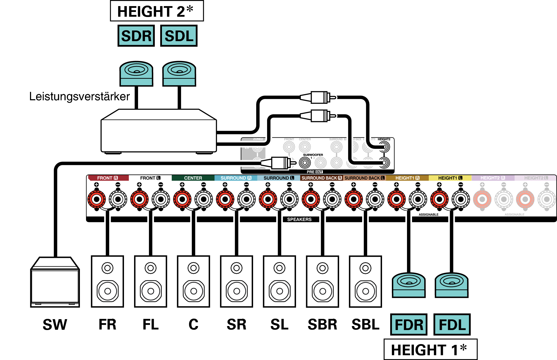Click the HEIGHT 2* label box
click(157, 11)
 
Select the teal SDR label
click(136, 36)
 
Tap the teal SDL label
click(179, 36)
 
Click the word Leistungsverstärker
click(79, 96)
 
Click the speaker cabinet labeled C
click(194, 281)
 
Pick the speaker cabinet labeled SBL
click(365, 281)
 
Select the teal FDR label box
click(409, 324)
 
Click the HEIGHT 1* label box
click(430, 349)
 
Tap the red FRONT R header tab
click(108, 178)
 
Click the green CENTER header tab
click(193, 178)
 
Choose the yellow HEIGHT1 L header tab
click(450, 178)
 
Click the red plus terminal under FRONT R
click(97, 199)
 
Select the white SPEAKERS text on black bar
click(299, 219)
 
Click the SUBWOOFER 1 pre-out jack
click(305, 163)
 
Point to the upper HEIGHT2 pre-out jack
click(384, 147)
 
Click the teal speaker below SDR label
click(136, 73)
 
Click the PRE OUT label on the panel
click(315, 172)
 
